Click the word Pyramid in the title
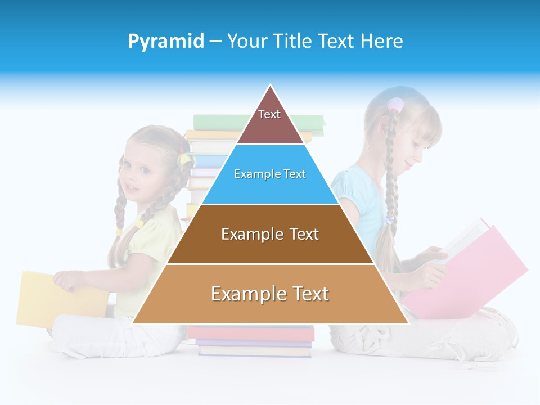tap(166, 42)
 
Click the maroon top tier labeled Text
tap(269, 121)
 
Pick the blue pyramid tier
tap(270, 174)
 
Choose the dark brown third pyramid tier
tap(270, 234)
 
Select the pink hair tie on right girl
tap(396, 105)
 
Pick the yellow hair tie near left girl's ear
tap(184, 160)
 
